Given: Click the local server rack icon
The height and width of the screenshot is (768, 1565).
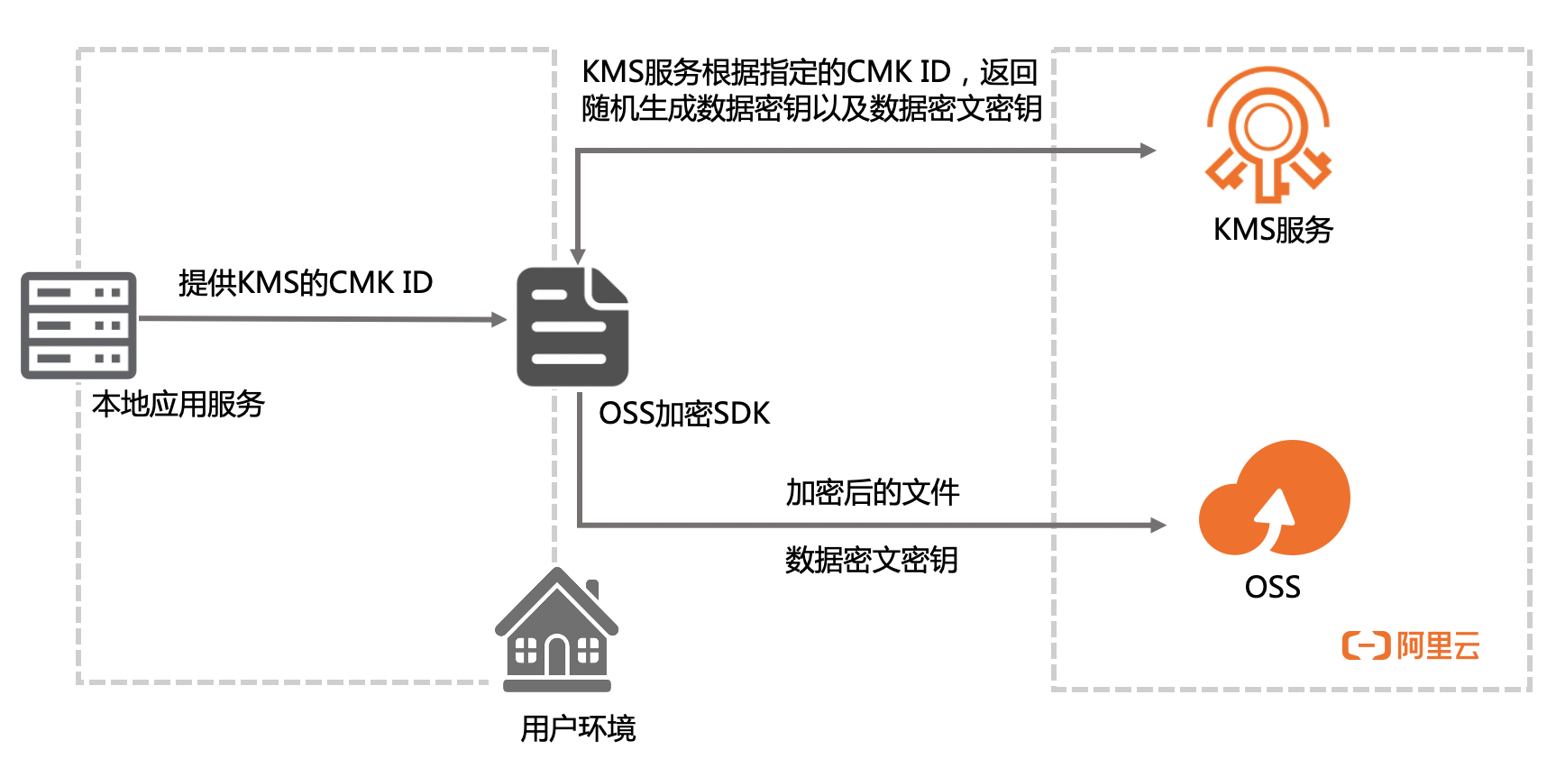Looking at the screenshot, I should (x=78, y=325).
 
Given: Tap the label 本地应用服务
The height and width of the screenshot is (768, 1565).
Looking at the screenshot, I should (x=178, y=405).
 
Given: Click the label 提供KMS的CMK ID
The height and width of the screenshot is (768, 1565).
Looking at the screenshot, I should (x=306, y=283).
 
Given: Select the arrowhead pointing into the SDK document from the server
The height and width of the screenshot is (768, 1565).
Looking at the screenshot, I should (x=499, y=319).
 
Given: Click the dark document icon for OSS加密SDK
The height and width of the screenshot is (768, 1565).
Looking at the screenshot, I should (x=572, y=327).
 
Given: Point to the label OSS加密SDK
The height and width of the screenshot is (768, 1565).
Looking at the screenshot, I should (x=684, y=414).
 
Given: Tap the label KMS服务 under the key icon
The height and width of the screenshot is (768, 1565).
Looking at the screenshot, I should (x=1273, y=231).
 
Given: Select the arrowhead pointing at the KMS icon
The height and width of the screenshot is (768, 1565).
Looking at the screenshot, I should (x=1148, y=151).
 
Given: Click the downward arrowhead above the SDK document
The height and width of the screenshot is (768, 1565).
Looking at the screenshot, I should (x=578, y=257).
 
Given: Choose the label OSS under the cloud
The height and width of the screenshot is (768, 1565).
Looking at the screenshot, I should (x=1272, y=588).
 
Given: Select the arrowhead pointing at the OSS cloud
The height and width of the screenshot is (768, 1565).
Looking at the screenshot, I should (x=1158, y=525).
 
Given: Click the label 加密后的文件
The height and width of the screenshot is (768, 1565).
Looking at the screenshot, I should (x=872, y=493).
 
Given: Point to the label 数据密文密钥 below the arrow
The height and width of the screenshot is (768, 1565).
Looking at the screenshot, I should (x=871, y=561).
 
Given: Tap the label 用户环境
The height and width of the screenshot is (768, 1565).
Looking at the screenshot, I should (x=578, y=728).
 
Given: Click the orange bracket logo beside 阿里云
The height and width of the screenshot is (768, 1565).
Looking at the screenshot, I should (x=1366, y=645).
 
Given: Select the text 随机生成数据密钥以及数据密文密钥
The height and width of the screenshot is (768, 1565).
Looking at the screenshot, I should (x=811, y=109).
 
